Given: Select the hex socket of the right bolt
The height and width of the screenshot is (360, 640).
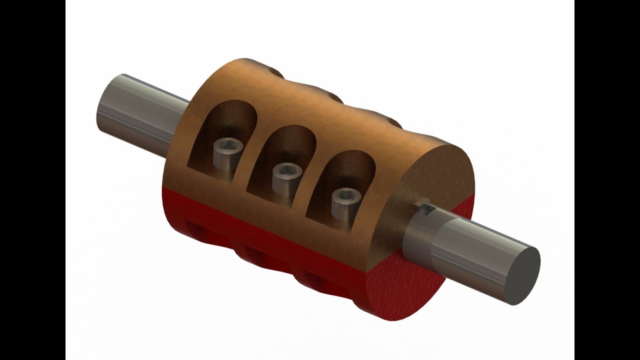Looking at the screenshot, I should (x=345, y=195).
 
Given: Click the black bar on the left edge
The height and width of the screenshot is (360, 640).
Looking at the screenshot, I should (x=32, y=180).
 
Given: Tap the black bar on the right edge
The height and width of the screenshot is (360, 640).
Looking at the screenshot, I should (x=607, y=180).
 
